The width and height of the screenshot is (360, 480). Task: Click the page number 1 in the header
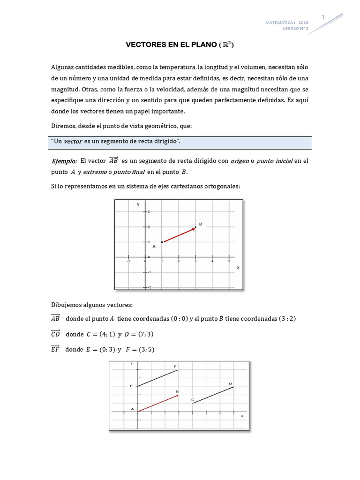coord(323,17)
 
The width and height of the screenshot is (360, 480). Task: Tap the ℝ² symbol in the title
coord(227,45)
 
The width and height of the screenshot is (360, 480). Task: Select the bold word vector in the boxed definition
coord(73,141)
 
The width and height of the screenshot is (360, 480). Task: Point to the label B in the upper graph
coord(201,225)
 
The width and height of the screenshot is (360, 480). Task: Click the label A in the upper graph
coord(154,246)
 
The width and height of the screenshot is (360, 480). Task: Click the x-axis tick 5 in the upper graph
coord(228,261)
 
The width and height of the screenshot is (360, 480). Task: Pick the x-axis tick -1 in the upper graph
coord(128,261)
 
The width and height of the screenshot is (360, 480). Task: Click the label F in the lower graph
coord(175,366)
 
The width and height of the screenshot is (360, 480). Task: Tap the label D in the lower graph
coord(230,383)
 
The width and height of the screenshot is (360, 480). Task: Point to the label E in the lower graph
coord(131,386)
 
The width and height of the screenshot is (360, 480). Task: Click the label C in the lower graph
coord(193,399)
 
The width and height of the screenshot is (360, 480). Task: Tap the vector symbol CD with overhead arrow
coord(55,334)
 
